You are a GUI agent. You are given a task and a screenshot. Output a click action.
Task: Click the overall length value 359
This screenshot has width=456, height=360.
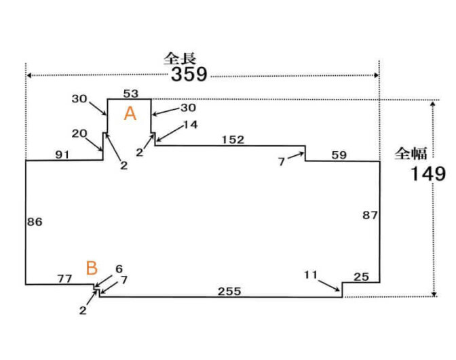click(189, 74)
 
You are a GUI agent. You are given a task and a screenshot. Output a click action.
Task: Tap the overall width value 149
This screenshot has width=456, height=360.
click(427, 174)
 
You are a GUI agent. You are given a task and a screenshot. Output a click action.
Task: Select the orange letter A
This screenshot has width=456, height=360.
click(130, 113)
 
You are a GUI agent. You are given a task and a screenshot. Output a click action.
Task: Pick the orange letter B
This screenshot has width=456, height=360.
click(92, 268)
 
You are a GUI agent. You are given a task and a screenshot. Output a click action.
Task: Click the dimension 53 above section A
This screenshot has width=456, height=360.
click(131, 94)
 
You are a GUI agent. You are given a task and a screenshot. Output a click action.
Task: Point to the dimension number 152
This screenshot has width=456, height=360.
click(233, 140)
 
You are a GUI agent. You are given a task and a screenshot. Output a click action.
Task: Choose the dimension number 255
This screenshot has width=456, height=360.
click(229, 291)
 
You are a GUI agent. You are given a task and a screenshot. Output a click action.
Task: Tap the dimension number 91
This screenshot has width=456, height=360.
click(62, 155)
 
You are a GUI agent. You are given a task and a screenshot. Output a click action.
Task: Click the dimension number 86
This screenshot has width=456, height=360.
click(35, 222)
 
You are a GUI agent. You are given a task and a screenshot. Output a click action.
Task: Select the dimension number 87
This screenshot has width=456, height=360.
click(370, 216)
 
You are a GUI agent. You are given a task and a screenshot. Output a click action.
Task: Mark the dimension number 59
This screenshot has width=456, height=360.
click(339, 155)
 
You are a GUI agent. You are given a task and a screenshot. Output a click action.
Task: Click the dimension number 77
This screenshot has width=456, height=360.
click(64, 279)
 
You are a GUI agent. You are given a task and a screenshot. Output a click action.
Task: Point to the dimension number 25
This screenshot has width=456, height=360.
click(361, 277)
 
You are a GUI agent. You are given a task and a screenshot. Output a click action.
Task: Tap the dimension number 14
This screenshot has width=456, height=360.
click(191, 125)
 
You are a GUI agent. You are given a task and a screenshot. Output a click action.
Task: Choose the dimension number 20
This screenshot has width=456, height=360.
click(79, 134)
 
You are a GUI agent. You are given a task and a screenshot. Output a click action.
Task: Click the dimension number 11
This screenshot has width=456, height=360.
click(311, 275)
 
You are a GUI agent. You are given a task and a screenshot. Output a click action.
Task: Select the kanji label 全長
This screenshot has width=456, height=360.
click(179, 59)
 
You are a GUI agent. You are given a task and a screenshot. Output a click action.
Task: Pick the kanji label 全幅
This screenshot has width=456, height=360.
click(411, 153)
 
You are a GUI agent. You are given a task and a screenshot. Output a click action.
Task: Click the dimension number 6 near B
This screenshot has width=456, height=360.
click(119, 268)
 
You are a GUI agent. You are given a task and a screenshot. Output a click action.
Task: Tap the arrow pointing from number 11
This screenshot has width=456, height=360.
click(329, 285)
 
